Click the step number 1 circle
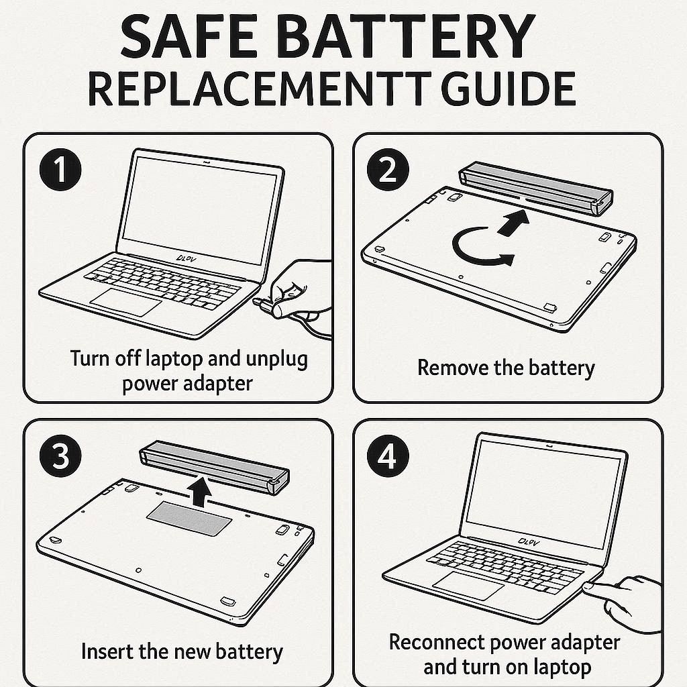click(x=60, y=170)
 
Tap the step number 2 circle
click(x=388, y=170)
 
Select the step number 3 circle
click(x=60, y=456)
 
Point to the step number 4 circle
click(x=388, y=456)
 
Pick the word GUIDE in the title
click(x=508, y=89)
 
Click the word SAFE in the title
click(x=189, y=36)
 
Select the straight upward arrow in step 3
click(x=200, y=492)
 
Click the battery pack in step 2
click(x=535, y=188)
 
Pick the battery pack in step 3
click(x=214, y=467)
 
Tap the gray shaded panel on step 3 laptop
click(x=189, y=519)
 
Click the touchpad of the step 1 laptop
click(x=125, y=302)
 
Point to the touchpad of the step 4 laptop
click(x=468, y=585)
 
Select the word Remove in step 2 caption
click(x=453, y=367)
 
